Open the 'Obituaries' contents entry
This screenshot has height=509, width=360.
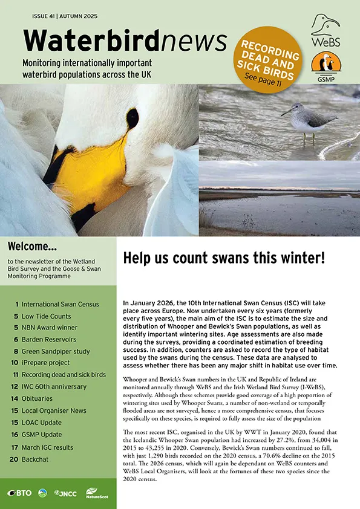click(38, 398)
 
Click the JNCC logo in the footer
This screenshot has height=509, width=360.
click(65, 493)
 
